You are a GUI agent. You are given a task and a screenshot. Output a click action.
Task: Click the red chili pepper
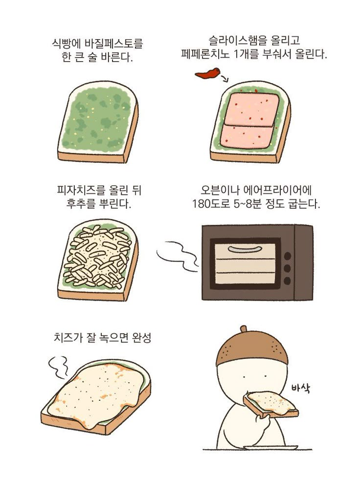click(207, 73)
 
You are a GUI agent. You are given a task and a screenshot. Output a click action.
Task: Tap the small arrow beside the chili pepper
click(225, 79)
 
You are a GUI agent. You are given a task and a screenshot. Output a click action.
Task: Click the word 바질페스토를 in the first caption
click(113, 44)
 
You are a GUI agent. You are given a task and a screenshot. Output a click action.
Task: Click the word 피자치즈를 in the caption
click(82, 190)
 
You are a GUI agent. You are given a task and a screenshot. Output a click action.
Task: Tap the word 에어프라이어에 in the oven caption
click(277, 190)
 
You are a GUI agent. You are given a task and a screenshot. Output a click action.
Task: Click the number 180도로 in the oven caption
click(210, 204)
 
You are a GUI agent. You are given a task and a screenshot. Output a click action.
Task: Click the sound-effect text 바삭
click(301, 388)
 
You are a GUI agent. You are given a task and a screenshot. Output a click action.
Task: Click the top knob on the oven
click(287, 256)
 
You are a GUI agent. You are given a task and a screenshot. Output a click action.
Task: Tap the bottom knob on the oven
click(287, 281)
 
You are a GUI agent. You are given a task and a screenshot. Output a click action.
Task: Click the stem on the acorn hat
click(244, 328)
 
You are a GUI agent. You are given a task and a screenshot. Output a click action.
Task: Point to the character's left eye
click(244, 377)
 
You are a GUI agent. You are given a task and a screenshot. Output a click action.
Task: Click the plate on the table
click(270, 447)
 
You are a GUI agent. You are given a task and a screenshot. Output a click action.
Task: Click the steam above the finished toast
click(58, 367)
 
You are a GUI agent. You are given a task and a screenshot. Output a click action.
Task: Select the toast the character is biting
click(270, 404)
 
